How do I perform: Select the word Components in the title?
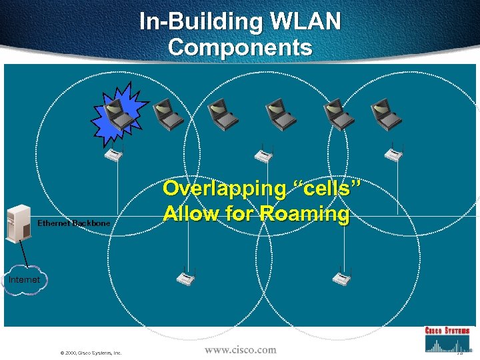240,47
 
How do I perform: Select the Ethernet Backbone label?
74,223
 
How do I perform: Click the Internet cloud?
23,281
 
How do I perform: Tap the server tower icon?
17,224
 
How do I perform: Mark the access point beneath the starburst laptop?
114,154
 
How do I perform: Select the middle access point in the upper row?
264,155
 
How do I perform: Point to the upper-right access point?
393,154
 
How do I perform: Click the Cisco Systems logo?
447,339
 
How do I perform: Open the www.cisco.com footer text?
240,349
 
